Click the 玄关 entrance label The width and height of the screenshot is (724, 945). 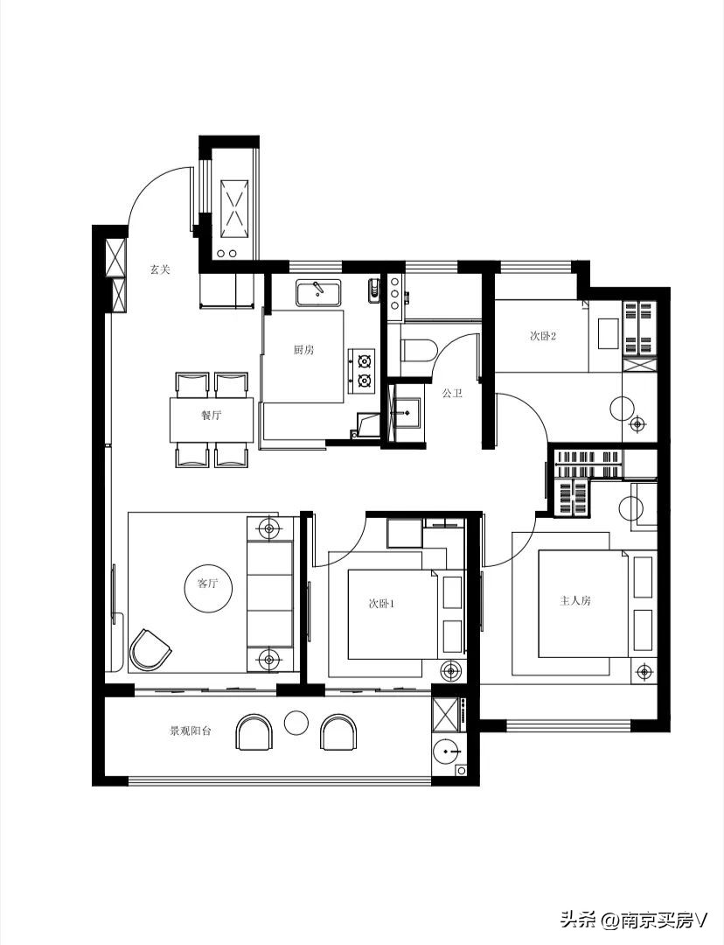pos(160,269)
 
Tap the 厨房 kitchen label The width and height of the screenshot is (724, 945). pos(303,349)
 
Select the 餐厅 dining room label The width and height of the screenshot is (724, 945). pos(212,416)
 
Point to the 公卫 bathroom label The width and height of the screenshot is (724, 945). pos(452,393)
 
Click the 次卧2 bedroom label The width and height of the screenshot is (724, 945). pos(543,336)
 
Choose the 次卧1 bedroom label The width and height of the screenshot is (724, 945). pos(381,603)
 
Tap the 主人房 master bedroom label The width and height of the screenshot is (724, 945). pos(575,600)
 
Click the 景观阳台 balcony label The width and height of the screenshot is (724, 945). pos(190,731)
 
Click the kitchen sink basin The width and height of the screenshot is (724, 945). pos(318,293)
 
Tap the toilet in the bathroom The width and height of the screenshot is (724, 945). pos(419,352)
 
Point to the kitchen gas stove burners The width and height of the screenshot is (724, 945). pos(363,370)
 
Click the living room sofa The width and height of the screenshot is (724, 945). pos(270,593)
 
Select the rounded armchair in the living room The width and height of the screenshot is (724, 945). pos(149,649)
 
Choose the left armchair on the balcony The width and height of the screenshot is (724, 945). pos(254,732)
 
